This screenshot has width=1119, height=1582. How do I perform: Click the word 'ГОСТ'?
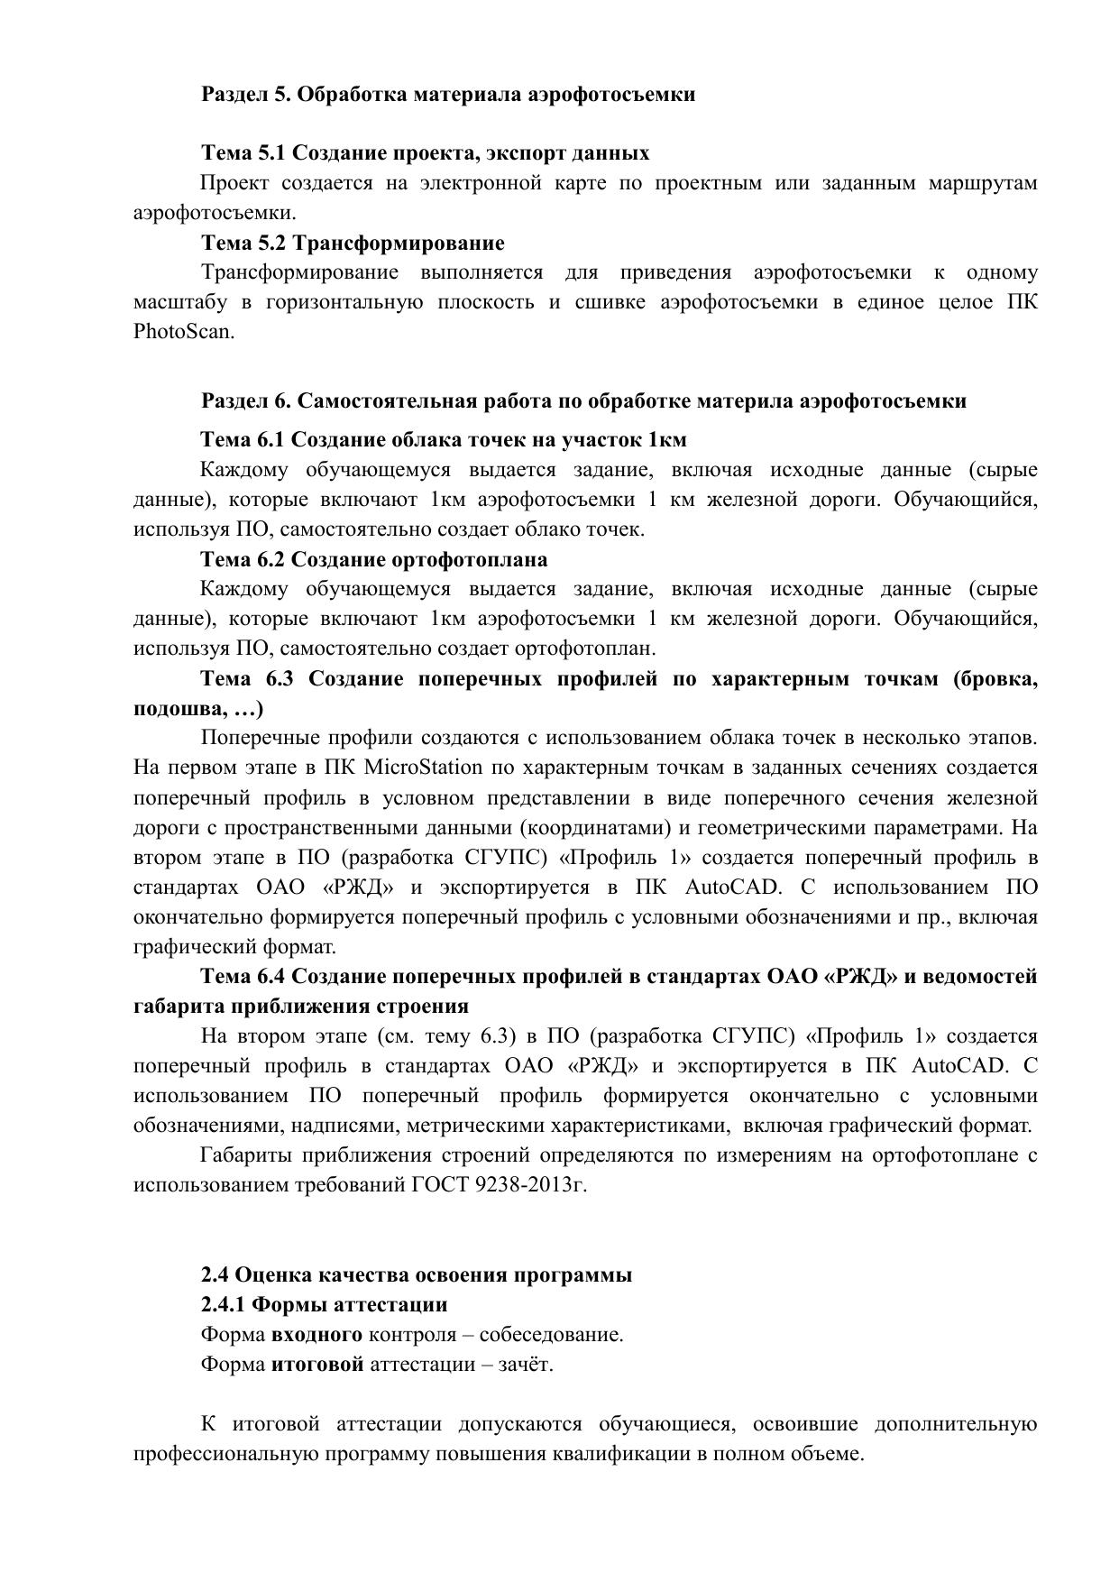[439, 1184]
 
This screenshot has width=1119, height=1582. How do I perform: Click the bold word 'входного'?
[316, 1334]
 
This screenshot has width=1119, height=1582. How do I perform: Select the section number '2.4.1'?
[223, 1304]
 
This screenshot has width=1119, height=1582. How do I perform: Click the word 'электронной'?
[481, 183]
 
